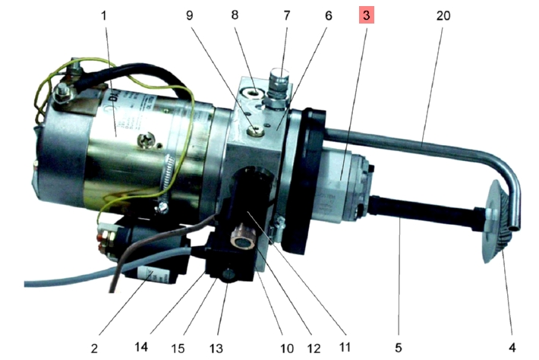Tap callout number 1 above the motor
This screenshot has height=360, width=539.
pyautogui.click(x=106, y=14)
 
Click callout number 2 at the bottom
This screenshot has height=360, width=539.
pyautogui.click(x=94, y=349)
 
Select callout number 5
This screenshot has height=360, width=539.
pyautogui.click(x=397, y=349)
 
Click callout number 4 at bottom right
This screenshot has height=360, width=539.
pyautogui.click(x=512, y=349)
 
